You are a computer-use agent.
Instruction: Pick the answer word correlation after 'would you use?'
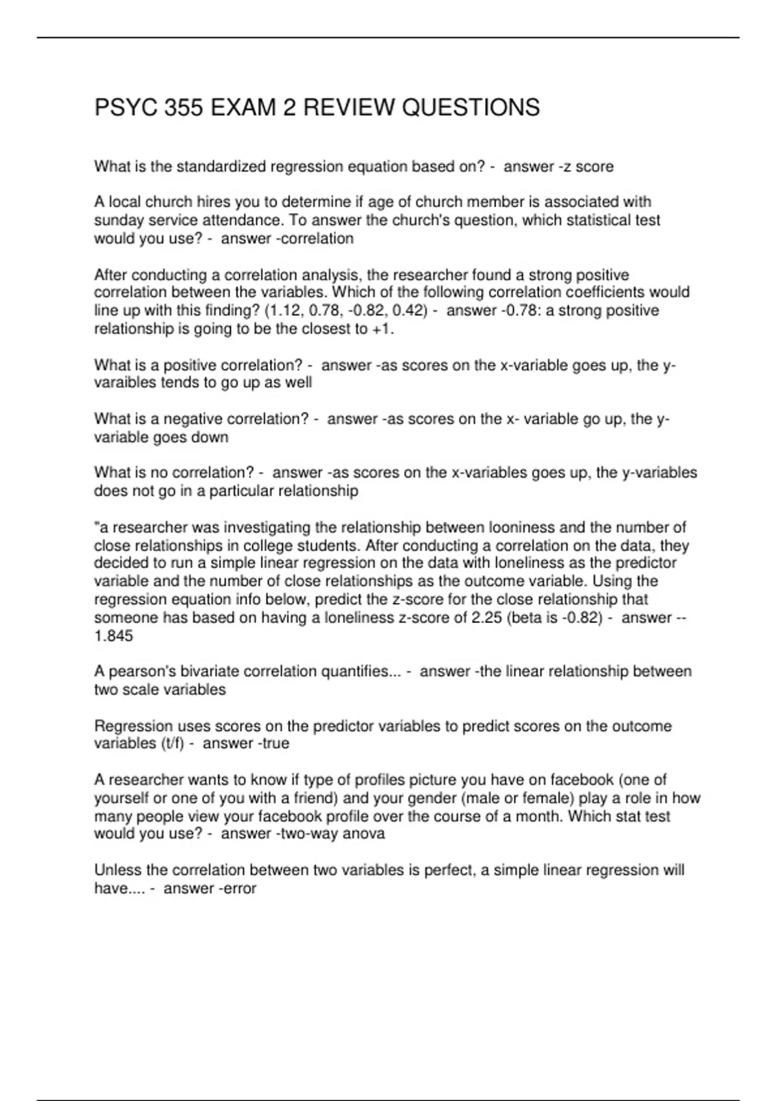coord(317,238)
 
